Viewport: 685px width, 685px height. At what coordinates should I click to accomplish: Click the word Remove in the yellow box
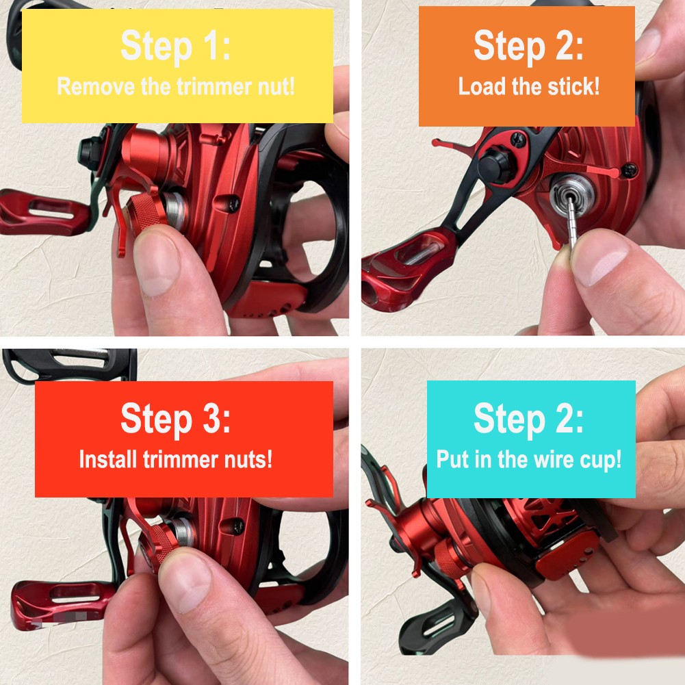point(96,86)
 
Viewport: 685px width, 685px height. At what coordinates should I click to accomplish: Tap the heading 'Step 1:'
point(176,46)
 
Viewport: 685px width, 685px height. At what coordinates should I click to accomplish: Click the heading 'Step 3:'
point(176,418)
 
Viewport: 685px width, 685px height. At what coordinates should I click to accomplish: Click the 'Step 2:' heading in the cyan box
point(528,418)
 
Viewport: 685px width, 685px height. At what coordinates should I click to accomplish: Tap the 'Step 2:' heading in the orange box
point(528,46)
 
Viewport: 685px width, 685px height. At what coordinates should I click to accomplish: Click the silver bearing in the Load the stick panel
point(572,195)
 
